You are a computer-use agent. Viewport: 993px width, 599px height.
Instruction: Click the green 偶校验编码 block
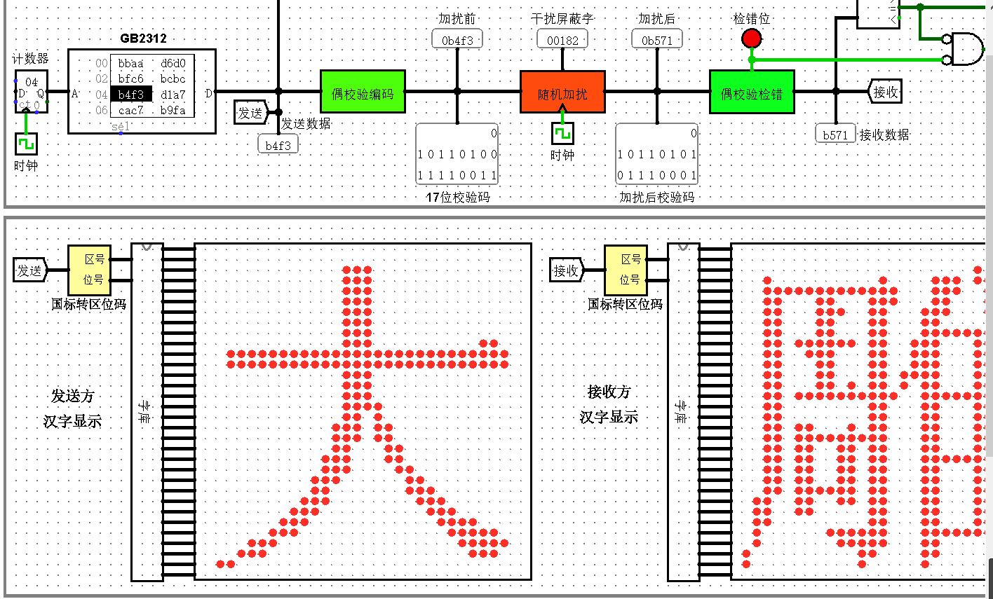point(363,92)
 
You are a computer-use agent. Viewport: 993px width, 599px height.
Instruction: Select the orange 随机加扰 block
point(562,92)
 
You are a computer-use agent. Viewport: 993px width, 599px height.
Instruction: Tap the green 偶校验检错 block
point(752,92)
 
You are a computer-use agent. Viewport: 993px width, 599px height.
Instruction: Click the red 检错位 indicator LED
point(752,38)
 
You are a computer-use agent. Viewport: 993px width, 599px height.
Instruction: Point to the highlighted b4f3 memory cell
point(131,95)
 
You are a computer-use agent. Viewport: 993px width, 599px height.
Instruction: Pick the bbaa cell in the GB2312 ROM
point(131,63)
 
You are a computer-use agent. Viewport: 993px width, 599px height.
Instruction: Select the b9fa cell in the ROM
point(173,110)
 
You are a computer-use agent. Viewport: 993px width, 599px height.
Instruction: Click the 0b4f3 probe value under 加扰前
point(457,40)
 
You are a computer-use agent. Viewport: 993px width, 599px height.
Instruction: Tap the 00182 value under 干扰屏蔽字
point(562,40)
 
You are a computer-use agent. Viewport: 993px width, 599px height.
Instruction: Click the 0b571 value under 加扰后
point(657,40)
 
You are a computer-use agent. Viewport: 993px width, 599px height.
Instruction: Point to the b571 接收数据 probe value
point(835,135)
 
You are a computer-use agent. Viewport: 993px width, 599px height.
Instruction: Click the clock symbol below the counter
point(26,144)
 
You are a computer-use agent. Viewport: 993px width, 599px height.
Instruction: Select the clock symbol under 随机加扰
point(562,133)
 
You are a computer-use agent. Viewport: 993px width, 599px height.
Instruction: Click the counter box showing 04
point(32,91)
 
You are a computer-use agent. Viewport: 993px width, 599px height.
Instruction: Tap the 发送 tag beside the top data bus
point(250,112)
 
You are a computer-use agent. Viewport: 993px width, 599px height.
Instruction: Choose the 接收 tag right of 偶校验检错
point(885,92)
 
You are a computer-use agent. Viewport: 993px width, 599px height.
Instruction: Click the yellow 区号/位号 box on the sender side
point(89,270)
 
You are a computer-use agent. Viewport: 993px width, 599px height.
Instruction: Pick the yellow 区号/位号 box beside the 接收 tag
point(626,270)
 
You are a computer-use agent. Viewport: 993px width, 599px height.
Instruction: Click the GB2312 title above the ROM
point(143,39)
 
